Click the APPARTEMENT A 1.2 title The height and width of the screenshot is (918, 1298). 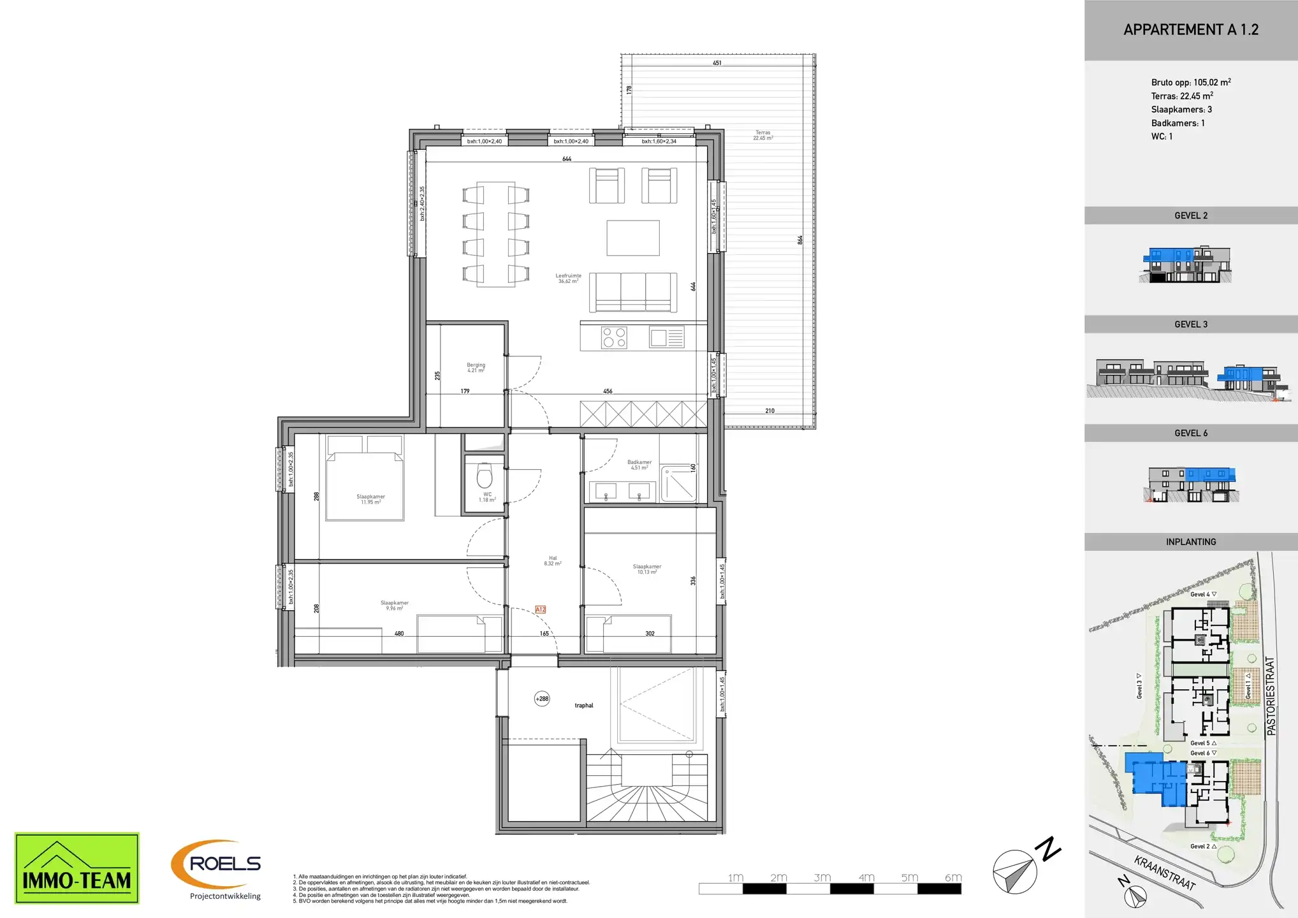(x=1190, y=30)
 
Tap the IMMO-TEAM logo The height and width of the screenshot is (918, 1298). (x=77, y=868)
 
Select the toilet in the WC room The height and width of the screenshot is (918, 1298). (x=485, y=476)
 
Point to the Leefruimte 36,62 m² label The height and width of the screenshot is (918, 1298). (x=568, y=279)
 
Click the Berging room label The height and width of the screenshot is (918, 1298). (x=476, y=368)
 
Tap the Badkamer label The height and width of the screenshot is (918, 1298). (x=639, y=465)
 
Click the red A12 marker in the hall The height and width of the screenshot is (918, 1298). (x=540, y=609)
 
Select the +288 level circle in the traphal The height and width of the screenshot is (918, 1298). (x=542, y=699)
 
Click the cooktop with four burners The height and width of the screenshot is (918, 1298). (x=615, y=337)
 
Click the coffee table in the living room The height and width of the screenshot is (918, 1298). (x=632, y=238)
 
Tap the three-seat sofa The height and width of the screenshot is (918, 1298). (x=632, y=292)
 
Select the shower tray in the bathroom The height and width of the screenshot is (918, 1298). (x=678, y=484)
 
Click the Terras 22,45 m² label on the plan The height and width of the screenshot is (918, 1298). (x=762, y=135)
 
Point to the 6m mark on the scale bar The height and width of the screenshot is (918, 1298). (x=953, y=878)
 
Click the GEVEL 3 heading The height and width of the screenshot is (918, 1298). (x=1190, y=324)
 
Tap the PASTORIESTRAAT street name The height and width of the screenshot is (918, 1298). (x=1271, y=696)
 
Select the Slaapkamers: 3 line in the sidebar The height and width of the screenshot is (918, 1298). (x=1181, y=110)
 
